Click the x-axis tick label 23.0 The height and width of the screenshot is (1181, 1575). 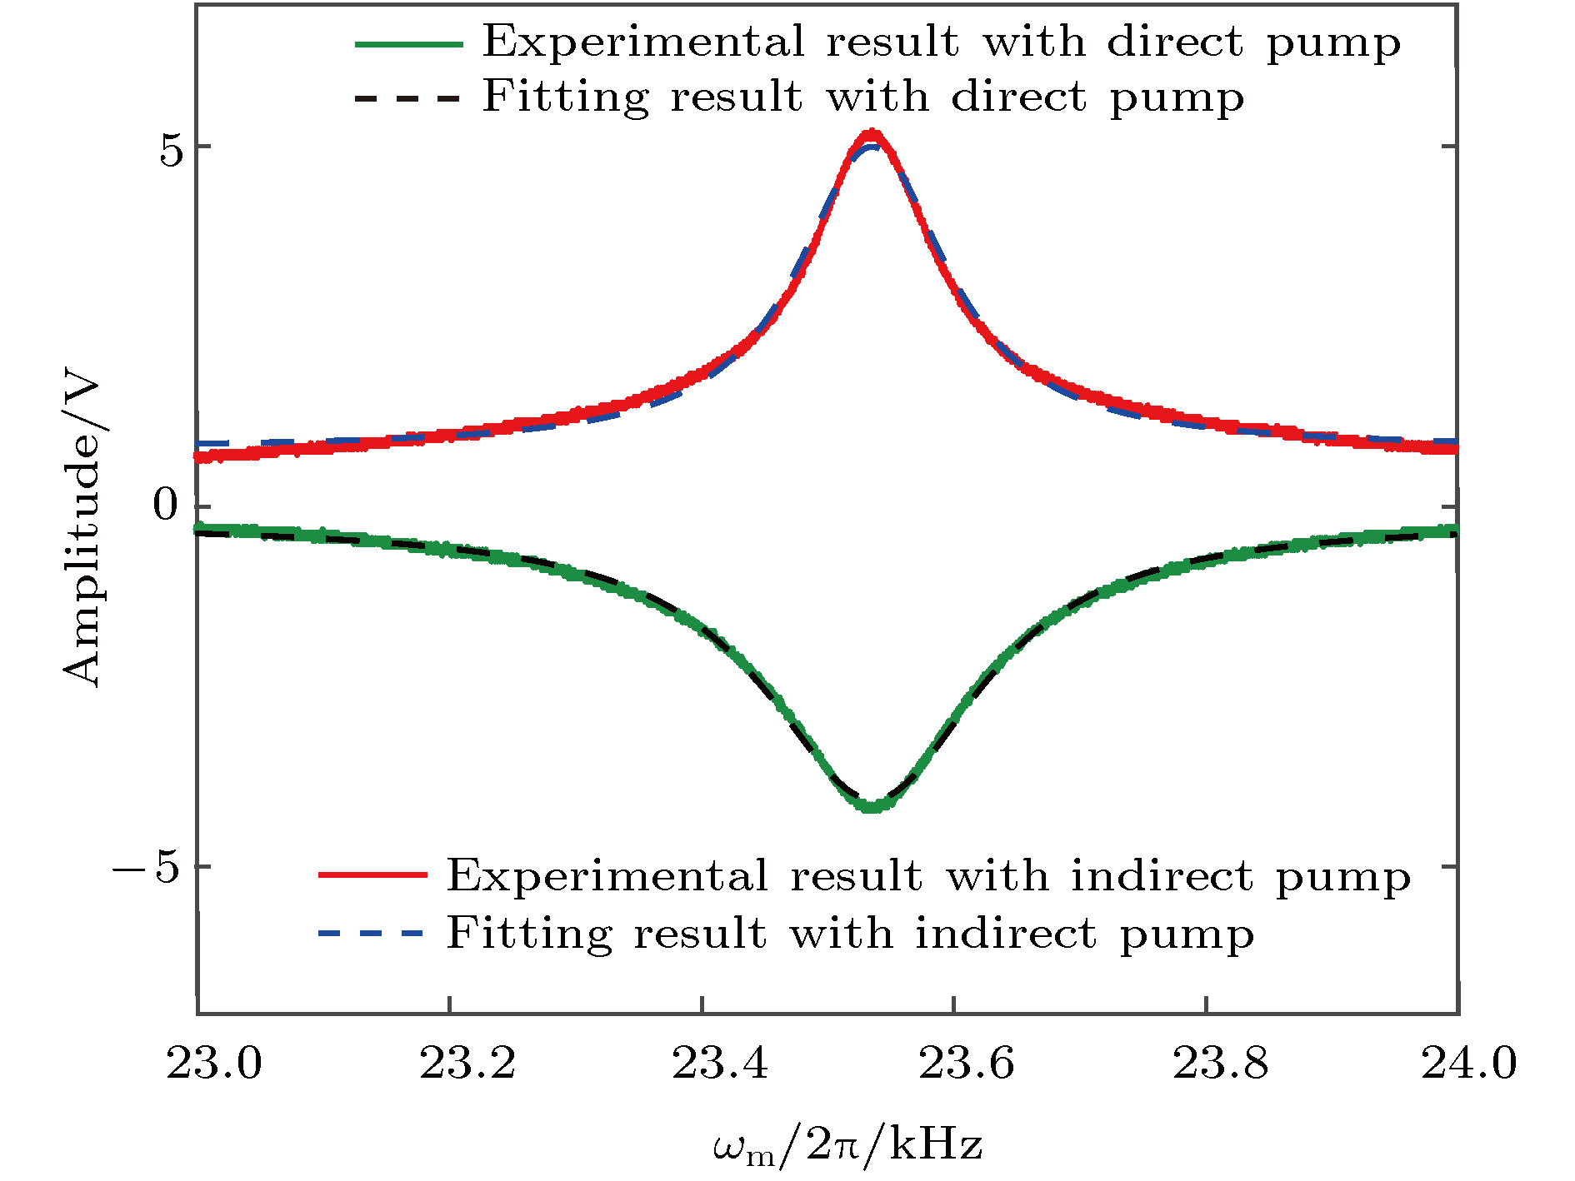214,1064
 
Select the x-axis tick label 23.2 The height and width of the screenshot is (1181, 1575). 467,1064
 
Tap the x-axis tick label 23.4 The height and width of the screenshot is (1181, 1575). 719,1064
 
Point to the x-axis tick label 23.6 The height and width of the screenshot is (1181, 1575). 966,1064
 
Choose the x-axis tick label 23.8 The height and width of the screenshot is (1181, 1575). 1220,1064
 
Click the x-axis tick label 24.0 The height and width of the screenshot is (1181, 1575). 1468,1064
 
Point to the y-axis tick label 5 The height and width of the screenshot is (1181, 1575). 171,150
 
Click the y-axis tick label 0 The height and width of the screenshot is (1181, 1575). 167,505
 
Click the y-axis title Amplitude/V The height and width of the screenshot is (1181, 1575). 82,533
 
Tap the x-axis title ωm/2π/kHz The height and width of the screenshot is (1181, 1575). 847,1146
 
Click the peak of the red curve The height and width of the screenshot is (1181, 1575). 872,133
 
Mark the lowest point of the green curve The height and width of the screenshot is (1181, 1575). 872,807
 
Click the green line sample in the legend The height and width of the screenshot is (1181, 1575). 408,44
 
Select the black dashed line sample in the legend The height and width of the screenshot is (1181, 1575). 408,99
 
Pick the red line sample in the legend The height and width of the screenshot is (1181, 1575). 372,875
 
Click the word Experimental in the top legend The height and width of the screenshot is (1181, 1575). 643,42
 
